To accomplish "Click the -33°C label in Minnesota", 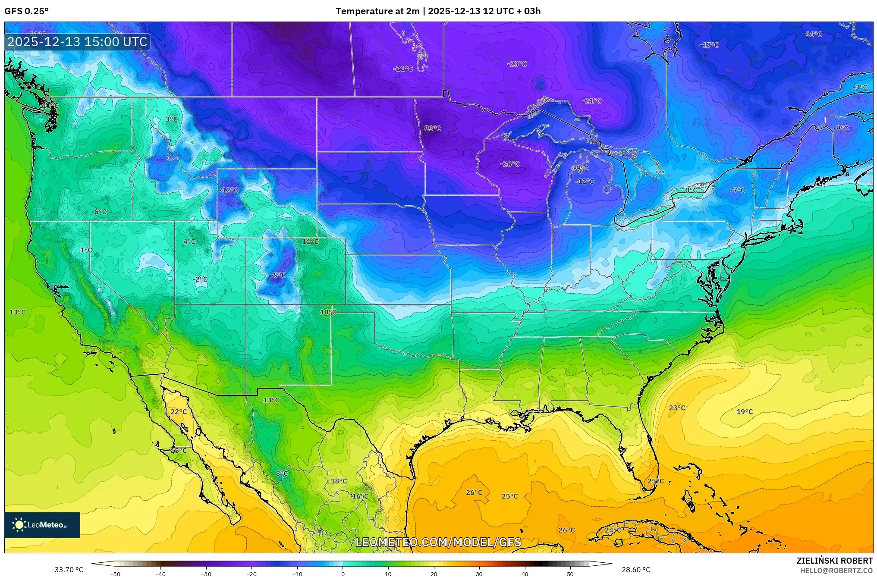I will coord(431,128).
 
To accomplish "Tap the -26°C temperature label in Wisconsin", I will coord(509,164).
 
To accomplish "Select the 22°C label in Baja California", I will coord(179,412).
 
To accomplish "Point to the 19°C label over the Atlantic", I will coord(745,412).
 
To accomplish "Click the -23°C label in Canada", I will coord(517,64).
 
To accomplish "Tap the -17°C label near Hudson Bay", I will coord(709,45).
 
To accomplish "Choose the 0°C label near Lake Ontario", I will coord(691,190).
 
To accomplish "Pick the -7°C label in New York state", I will coord(737,190).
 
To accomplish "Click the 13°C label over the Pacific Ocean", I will coord(17,312).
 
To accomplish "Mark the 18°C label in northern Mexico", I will coord(339,481).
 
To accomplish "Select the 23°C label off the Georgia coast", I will coord(677,408).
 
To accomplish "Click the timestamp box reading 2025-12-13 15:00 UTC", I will coord(78,42).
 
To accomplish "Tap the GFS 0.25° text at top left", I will coord(27,11).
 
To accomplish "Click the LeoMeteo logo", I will coord(42,525).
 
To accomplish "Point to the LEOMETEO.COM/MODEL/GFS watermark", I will coord(438,542).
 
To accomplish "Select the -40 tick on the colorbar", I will coord(160,574).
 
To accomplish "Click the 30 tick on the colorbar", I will coord(479,574).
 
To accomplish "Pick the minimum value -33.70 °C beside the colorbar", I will coord(68,570).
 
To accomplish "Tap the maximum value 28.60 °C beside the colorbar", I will coord(635,570).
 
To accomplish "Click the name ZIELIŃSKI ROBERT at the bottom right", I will coord(834,561).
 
